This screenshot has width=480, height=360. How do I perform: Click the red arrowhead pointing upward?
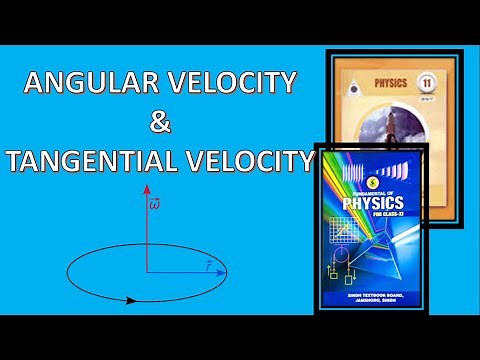(x=147, y=188)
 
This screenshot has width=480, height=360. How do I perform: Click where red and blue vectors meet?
(x=147, y=272)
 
